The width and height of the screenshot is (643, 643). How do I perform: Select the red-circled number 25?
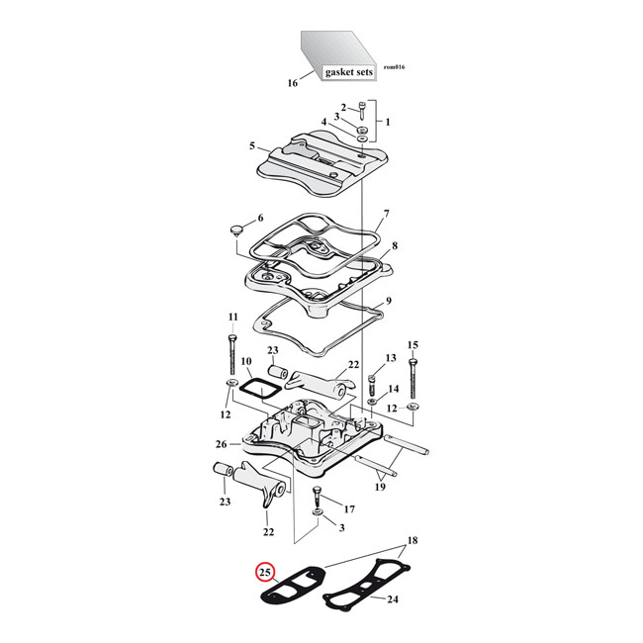(x=264, y=573)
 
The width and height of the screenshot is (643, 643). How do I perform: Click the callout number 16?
(x=292, y=83)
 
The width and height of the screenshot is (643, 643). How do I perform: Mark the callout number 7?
(x=387, y=214)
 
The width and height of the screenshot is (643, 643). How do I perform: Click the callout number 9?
(x=390, y=301)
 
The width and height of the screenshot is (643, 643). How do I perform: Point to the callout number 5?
(x=252, y=146)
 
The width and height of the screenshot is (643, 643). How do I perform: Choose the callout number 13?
(x=390, y=357)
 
